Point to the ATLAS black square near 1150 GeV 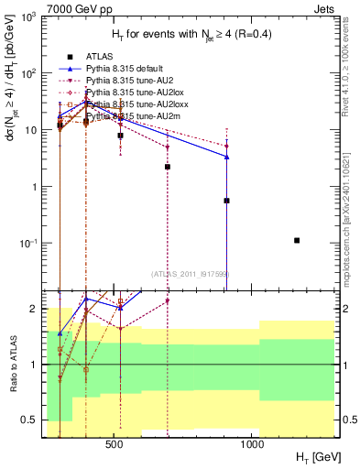pyautogui.click(x=297, y=240)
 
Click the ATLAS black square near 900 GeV pyautogui.click(x=226, y=201)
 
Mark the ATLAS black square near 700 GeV pyautogui.click(x=168, y=167)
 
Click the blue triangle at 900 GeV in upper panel pyautogui.click(x=226, y=157)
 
